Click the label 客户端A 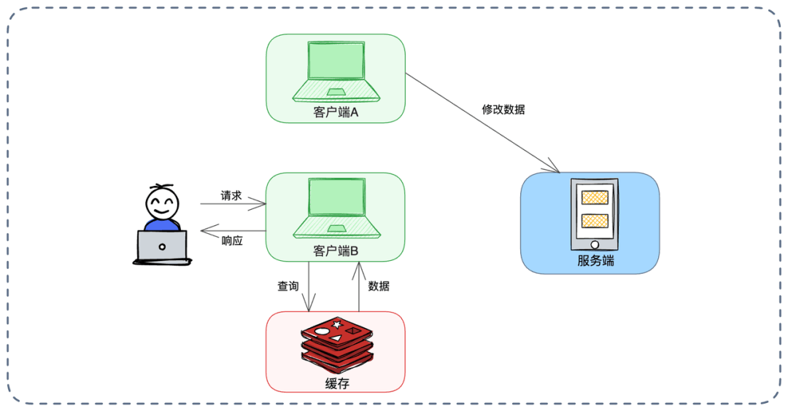pos(336,112)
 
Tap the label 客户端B pos(336,251)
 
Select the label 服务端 pos(595,260)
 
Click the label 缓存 pos(336,383)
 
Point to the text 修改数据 pos(503,109)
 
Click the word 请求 pos(231,196)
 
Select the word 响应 pos(232,240)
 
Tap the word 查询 pos(288,286)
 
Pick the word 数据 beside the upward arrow pos(379,286)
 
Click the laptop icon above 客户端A pos(336,71)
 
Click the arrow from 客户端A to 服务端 pos(482,122)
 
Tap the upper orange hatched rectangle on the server pos(595,197)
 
